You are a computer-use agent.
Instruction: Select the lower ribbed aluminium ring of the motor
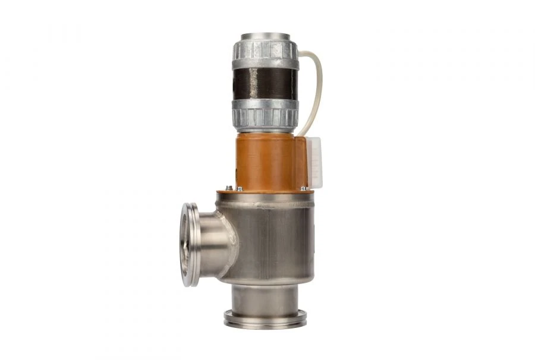[x=265, y=114]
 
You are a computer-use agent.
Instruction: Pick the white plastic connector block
[x=314, y=162]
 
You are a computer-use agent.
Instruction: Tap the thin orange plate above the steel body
[x=265, y=192]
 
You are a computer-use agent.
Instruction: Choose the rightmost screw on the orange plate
[x=304, y=188]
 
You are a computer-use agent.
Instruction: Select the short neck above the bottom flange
[x=265, y=297]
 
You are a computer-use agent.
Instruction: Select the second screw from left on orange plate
[x=239, y=189]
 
